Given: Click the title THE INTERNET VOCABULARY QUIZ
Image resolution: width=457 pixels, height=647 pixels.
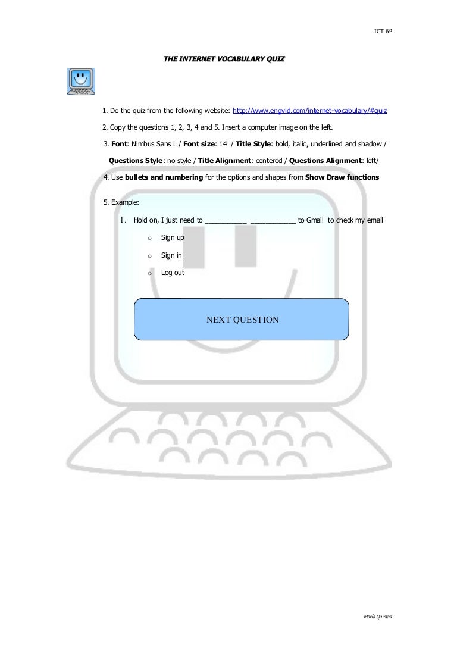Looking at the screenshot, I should tap(224, 59).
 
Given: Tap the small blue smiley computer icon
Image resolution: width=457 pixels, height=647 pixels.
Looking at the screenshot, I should tap(81, 82).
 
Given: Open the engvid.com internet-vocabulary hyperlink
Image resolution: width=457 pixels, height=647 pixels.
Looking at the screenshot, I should tap(309, 111).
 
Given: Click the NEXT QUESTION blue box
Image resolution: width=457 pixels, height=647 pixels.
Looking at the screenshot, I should tap(242, 320).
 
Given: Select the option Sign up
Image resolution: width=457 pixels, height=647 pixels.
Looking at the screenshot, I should tap(173, 237).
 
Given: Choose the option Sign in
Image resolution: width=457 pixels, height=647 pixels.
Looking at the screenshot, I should tap(171, 255).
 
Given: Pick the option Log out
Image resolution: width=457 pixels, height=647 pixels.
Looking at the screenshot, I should tap(173, 273).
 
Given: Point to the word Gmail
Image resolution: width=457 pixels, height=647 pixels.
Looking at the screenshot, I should tap(315, 220).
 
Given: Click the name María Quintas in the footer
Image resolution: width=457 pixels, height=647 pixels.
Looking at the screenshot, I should tap(377, 617).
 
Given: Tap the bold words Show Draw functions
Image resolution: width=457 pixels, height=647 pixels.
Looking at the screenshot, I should tap(342, 177).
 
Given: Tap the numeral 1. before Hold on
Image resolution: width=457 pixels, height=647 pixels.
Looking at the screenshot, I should tap(124, 220).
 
